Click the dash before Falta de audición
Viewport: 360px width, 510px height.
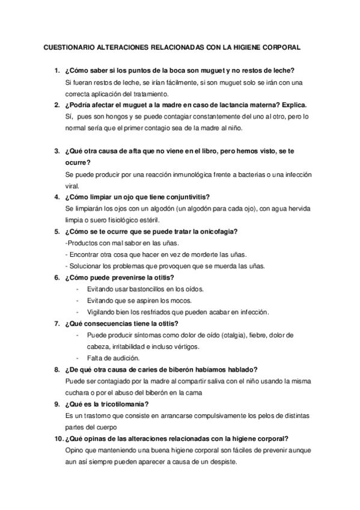(x=78, y=357)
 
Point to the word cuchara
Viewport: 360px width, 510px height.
(x=75, y=392)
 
